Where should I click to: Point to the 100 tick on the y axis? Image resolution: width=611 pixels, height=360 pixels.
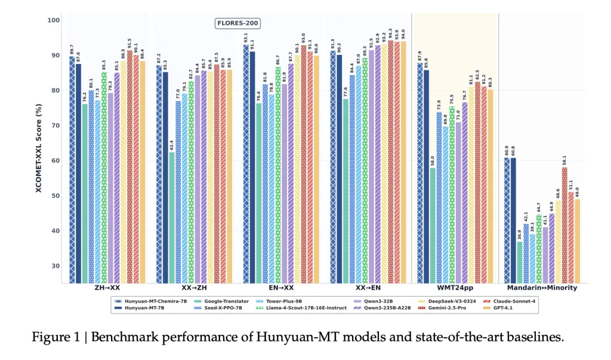pyautogui.click(x=54, y=20)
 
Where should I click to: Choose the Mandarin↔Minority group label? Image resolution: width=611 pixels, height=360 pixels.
pyautogui.click(x=542, y=288)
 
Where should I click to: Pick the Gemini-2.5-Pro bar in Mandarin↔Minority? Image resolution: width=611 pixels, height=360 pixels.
pyautogui.click(x=564, y=225)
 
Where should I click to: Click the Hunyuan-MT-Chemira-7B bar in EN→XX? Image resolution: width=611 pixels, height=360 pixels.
pyautogui.click(x=246, y=164)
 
